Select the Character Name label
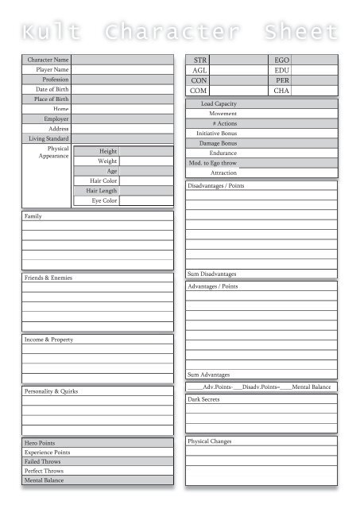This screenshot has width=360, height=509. (x=48, y=60)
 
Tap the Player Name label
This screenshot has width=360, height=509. (x=52, y=70)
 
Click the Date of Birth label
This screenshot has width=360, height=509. (x=51, y=89)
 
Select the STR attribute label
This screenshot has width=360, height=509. (x=199, y=60)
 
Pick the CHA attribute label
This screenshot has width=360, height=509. (x=281, y=91)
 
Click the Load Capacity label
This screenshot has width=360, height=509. (x=218, y=104)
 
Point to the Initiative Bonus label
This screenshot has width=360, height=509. (x=216, y=134)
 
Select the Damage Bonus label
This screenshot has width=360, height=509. (x=218, y=143)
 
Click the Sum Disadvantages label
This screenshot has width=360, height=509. (x=211, y=274)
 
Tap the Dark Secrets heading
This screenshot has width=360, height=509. (x=204, y=399)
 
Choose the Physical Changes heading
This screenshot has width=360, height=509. (x=210, y=441)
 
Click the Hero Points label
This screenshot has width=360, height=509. (x=40, y=442)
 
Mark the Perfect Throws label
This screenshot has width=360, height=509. (x=43, y=471)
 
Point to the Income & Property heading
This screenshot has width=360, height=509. (x=49, y=340)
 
